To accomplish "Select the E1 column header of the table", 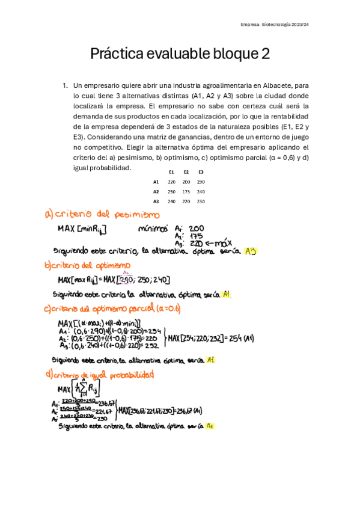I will (171, 173).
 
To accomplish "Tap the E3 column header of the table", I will (201, 173).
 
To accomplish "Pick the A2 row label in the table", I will (156, 191).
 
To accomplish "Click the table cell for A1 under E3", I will (201, 182).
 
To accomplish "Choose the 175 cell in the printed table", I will (186, 191).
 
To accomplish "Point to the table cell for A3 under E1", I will (171, 201).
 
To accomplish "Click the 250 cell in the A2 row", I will (171, 191).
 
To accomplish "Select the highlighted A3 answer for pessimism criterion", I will (251, 251).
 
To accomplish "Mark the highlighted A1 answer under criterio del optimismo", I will (226, 295).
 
